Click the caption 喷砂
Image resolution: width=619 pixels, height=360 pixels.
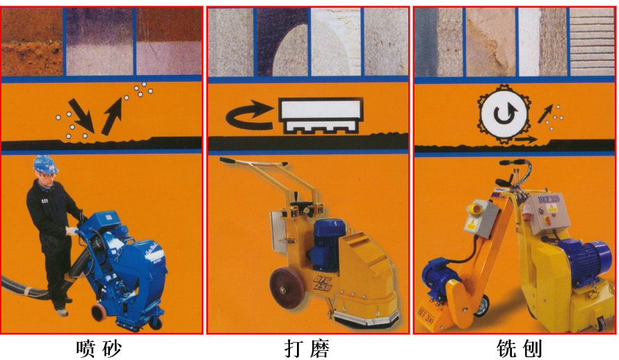click(x=102, y=347)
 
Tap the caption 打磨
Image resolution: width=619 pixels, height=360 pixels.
click(x=307, y=347)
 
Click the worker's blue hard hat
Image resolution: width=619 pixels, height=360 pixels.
click(x=45, y=164)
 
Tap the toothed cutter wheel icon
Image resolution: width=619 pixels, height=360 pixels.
click(x=500, y=115)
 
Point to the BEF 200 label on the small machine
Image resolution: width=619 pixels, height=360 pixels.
click(x=428, y=313)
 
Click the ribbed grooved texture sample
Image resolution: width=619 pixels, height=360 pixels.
click(x=592, y=42)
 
